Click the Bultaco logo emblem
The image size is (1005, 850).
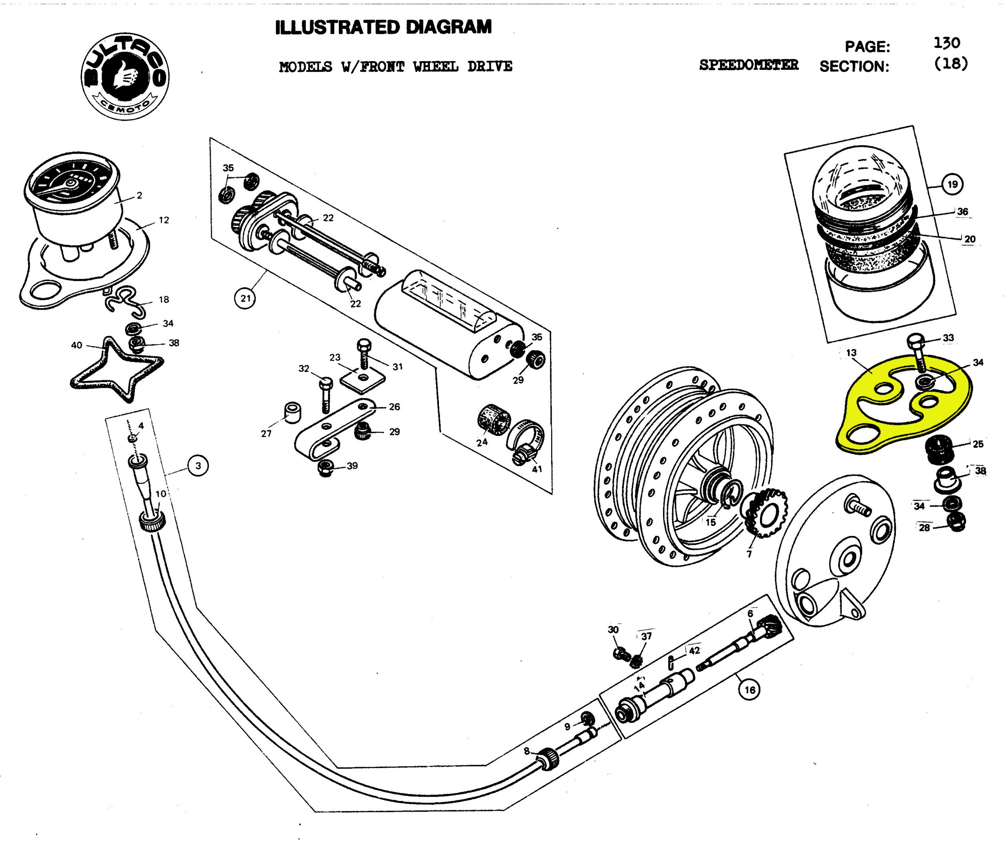[x=125, y=77]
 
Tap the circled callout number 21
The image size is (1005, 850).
[x=245, y=298]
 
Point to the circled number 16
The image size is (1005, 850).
[x=749, y=690]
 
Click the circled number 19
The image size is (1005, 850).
[x=952, y=184]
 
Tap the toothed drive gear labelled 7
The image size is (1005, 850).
[x=766, y=513]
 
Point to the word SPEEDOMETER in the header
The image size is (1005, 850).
[x=748, y=65]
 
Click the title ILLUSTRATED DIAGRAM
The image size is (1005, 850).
[x=383, y=27]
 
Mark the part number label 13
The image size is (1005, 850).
[x=851, y=353]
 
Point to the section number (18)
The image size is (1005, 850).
[x=950, y=64]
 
